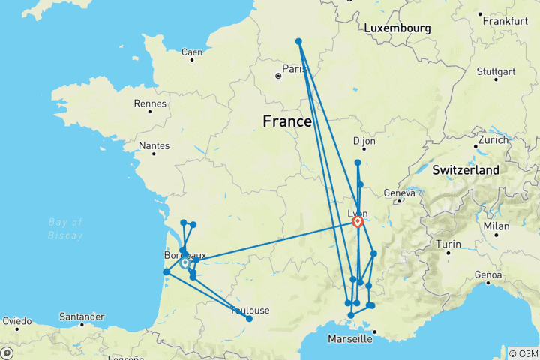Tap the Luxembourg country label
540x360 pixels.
pos(397,28)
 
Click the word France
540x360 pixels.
pos(286,121)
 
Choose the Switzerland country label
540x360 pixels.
pos(465,171)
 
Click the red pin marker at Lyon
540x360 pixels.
pos(358,222)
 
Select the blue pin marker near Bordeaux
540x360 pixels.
pos(184,263)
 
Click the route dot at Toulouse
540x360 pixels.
pos(249,319)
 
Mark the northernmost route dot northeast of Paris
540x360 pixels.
pos(298,41)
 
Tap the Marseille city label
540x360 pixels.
pos(350,339)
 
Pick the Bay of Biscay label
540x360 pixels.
pos(64,228)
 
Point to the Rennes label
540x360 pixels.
pos(148,104)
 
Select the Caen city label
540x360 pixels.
pos(192,52)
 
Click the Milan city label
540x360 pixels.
pos(496,226)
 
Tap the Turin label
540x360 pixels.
pos(448,244)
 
